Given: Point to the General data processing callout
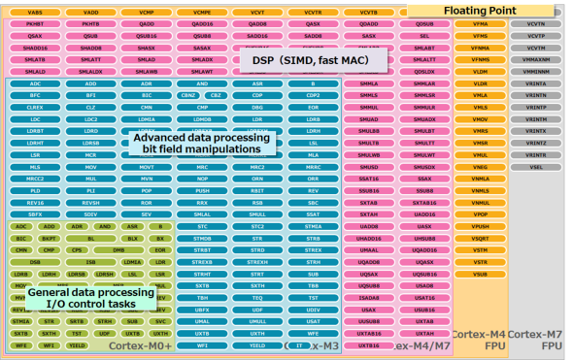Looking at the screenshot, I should [89, 298].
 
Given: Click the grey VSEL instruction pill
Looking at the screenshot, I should [536, 167].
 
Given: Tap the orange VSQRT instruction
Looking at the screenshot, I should [480, 238].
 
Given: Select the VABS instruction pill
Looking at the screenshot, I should [35, 11].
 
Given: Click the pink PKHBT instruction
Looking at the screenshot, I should [35, 23].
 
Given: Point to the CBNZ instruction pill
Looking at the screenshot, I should [188, 95].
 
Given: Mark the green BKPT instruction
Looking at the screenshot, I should [50, 238].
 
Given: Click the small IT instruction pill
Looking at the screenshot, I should [298, 344].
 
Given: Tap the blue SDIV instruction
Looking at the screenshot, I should [90, 213].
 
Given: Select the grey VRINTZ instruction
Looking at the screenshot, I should [536, 143].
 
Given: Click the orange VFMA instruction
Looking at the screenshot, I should [480, 23].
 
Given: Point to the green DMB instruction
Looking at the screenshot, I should [118, 249].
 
